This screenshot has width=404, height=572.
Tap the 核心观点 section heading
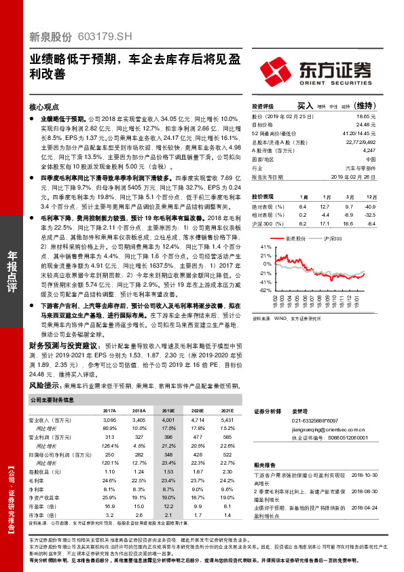[x=44, y=107]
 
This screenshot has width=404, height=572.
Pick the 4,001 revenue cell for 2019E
[x=168, y=421]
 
